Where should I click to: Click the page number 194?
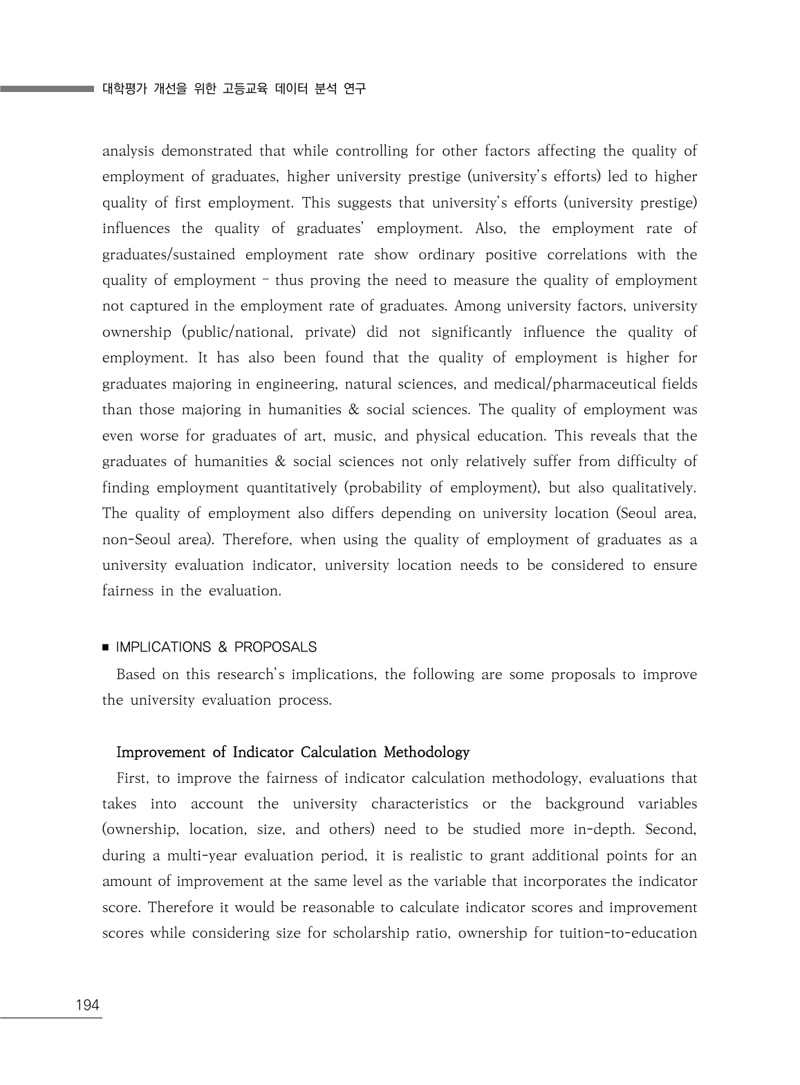click(x=87, y=1005)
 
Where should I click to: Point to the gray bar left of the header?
click(x=46, y=89)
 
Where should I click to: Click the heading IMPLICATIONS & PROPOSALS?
click(x=216, y=647)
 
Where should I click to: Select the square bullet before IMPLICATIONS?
click(x=106, y=648)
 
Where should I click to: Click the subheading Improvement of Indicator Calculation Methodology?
click(x=293, y=752)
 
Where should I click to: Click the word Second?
click(x=671, y=829)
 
